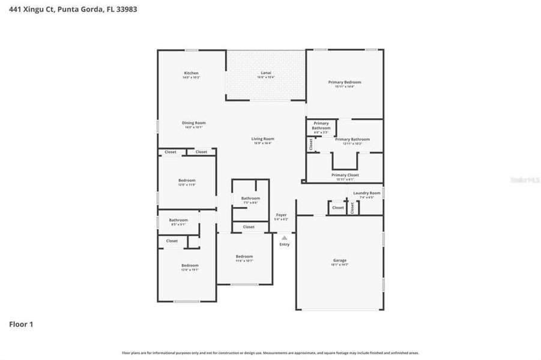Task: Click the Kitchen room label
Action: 191,73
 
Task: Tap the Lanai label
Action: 265,73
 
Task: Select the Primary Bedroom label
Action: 345,82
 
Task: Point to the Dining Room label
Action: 193,123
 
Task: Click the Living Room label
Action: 262,139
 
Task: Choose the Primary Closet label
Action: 345,175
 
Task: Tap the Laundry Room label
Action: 366,193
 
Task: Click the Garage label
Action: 340,260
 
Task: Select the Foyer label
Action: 281,215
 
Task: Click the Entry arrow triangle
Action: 285,238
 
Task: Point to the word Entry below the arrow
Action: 285,244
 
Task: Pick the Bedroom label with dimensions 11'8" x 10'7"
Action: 244,256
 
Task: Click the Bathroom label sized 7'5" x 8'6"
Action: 250,199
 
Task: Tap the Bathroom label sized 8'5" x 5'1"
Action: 178,220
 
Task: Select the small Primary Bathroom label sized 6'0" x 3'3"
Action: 321,125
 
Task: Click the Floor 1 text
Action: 21,325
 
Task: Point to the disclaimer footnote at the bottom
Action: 270,353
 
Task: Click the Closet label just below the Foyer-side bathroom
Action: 249,227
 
